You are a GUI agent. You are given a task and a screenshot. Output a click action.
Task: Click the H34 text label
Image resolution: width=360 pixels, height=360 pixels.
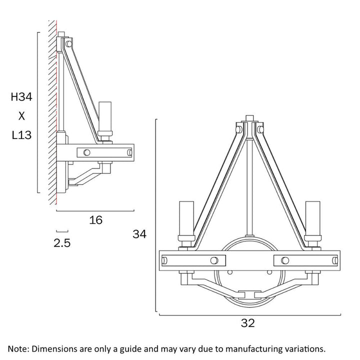click(21, 97)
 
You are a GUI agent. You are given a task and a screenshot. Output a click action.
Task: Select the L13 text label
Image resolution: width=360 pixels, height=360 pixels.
click(21, 135)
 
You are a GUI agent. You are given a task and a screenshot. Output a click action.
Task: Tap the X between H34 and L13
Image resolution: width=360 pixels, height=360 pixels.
click(21, 116)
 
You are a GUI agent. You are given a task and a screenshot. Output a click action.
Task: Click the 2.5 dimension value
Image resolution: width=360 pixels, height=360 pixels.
click(62, 243)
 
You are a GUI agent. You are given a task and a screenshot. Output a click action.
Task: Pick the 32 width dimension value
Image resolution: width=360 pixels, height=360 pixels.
click(247, 323)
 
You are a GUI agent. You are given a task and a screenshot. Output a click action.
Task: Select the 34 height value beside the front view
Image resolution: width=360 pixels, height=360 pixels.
click(140, 233)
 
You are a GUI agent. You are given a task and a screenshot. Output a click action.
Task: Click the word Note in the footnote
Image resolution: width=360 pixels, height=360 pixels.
click(18, 348)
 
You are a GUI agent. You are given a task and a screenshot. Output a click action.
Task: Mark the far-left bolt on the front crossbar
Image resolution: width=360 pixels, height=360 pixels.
click(165, 259)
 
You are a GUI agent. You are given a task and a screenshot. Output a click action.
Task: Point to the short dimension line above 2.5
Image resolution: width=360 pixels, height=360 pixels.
click(62, 231)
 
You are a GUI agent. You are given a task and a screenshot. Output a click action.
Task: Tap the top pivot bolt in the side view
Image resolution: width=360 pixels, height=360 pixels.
click(69, 45)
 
